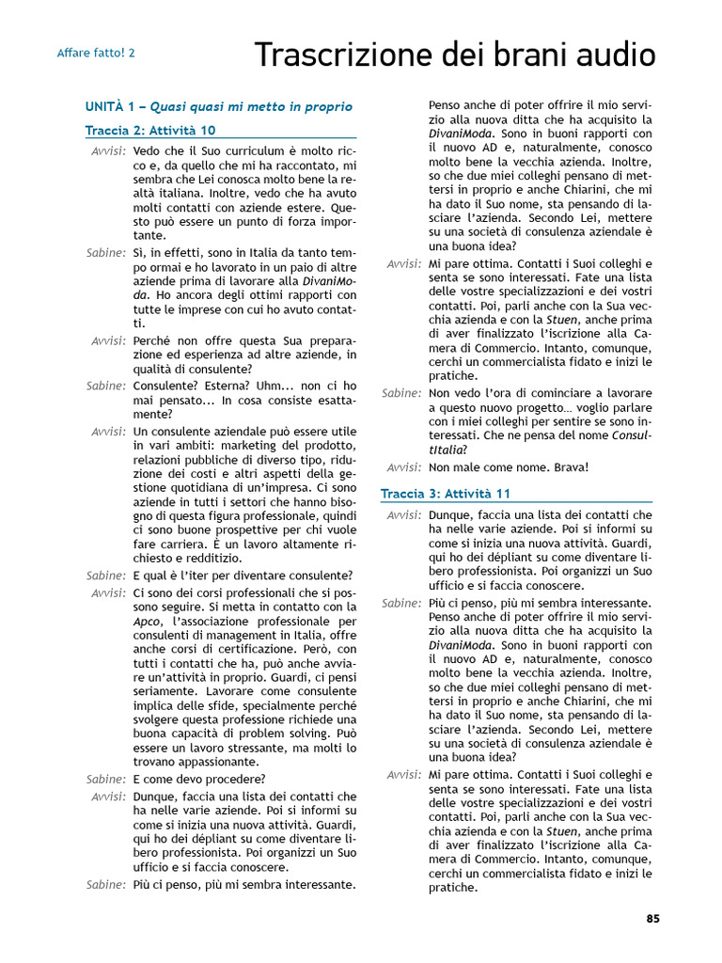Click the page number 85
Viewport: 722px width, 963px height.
tap(652, 919)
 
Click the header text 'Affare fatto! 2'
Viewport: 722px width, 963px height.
tap(96, 53)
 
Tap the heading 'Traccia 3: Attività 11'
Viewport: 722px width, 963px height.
tap(446, 493)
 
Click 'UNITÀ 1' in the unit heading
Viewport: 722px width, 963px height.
tap(111, 107)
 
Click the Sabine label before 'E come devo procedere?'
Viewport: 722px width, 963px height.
tap(105, 779)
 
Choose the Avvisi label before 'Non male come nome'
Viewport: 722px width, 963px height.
tap(402, 467)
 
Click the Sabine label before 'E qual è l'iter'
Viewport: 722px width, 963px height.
tap(105, 576)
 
